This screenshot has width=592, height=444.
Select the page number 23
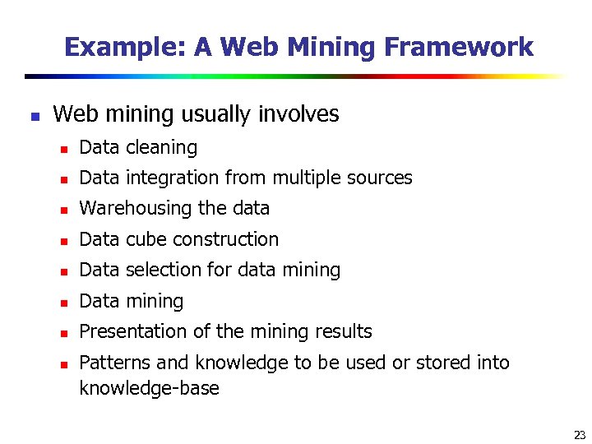click(x=579, y=435)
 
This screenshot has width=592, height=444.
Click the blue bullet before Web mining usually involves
click(x=34, y=116)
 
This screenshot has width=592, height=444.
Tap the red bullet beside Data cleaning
click(x=62, y=149)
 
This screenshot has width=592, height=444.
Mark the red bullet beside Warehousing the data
click(x=62, y=210)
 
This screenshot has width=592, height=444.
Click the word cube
click(x=144, y=240)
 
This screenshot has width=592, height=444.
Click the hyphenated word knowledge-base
click(x=149, y=388)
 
